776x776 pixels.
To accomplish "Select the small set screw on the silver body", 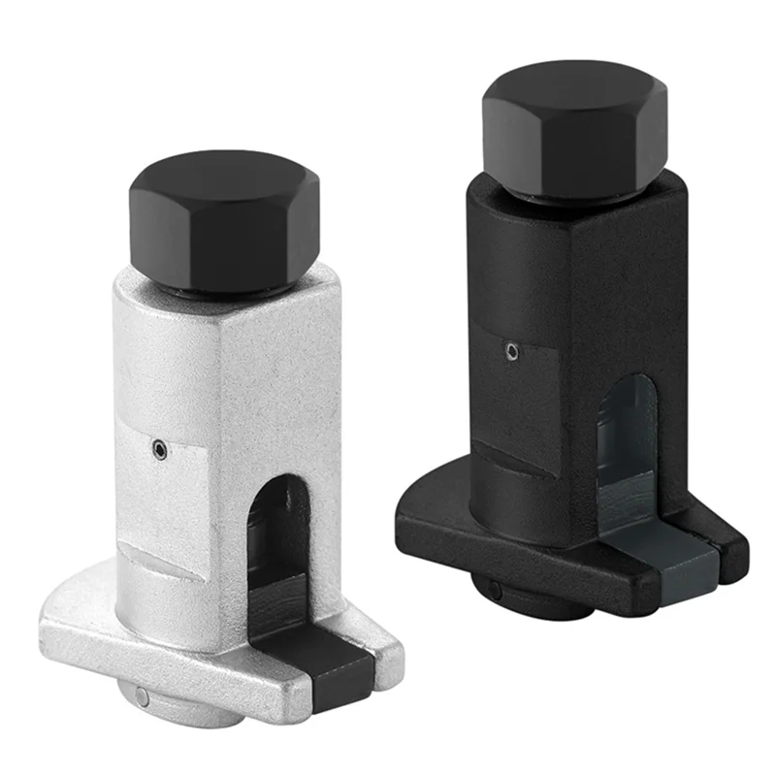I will click(x=158, y=448).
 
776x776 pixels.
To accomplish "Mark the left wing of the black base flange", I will click(x=427, y=514).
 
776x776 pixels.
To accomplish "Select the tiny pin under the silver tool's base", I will click(x=144, y=695).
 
